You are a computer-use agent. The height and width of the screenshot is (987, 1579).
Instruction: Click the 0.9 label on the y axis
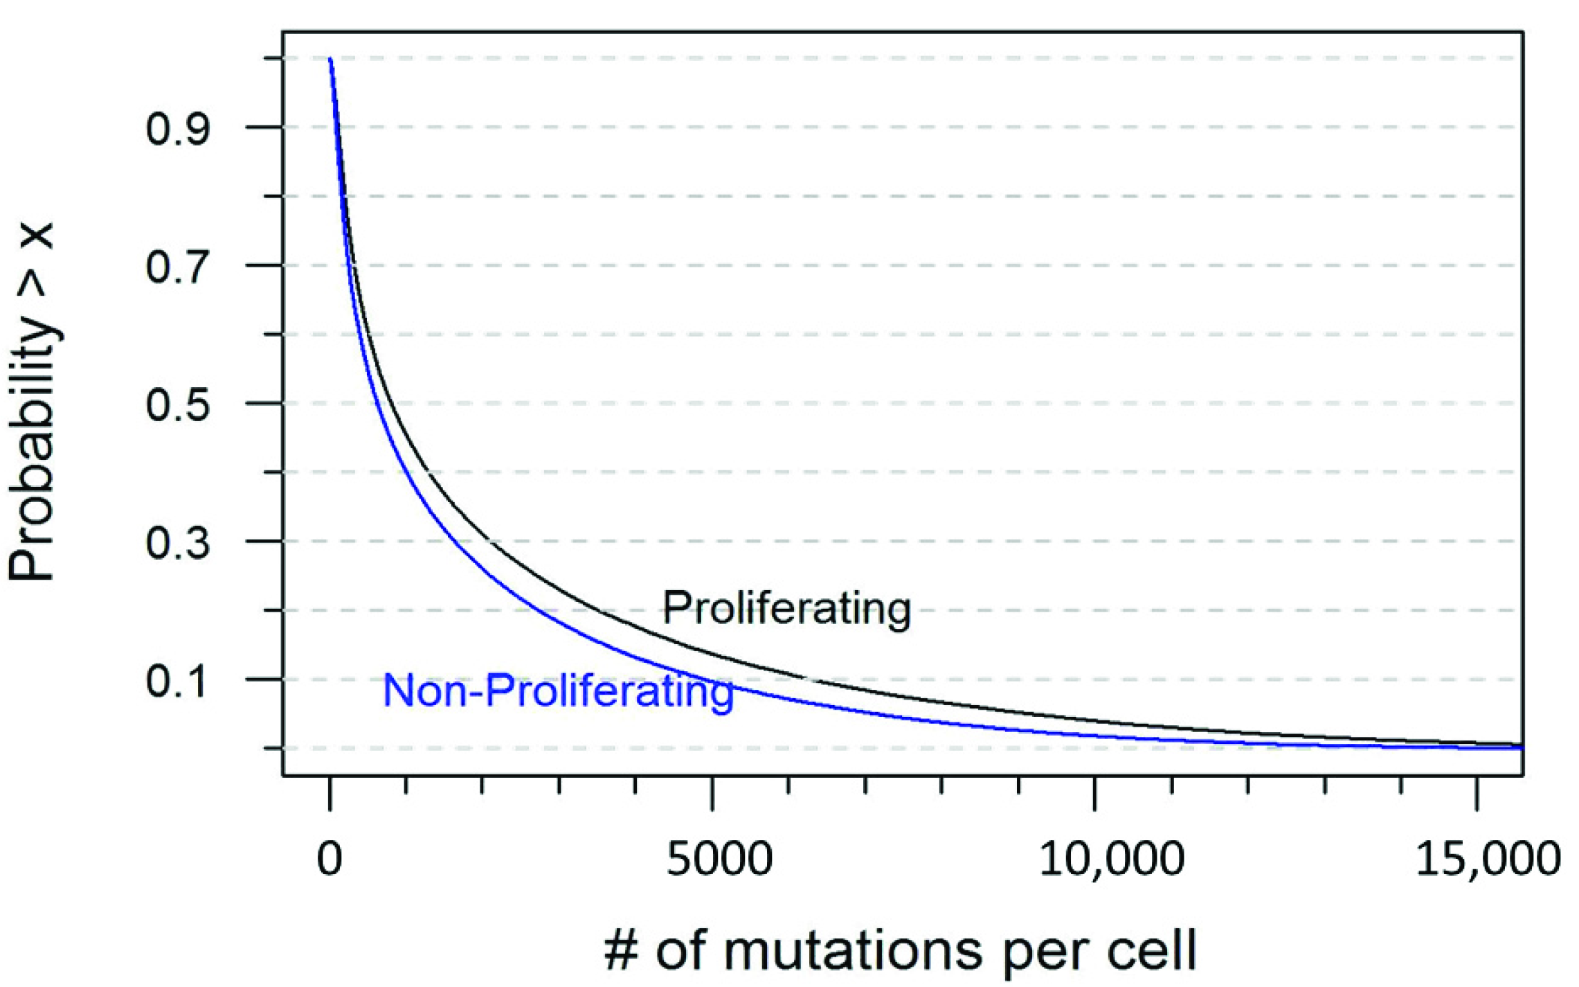click(177, 128)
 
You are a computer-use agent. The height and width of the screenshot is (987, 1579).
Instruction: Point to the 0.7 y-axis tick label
click(177, 267)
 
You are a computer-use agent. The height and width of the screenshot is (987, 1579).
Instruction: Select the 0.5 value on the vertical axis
click(177, 404)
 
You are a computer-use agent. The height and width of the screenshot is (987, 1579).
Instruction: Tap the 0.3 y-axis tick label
click(177, 542)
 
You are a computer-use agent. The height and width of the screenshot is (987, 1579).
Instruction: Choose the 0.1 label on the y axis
click(177, 681)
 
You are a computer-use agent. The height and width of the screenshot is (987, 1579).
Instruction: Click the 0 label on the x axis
click(330, 859)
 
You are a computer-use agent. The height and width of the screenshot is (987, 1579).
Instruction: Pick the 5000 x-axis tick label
click(719, 859)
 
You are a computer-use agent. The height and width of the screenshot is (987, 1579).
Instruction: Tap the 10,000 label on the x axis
click(1112, 859)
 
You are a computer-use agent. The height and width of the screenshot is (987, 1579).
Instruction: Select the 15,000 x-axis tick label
click(1488, 859)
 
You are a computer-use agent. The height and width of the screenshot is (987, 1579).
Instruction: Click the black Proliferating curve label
click(786, 608)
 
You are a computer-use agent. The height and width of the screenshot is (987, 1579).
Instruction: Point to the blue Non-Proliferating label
click(558, 691)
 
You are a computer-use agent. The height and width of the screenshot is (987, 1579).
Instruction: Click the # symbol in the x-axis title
click(621, 951)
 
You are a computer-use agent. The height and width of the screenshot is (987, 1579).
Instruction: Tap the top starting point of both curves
click(330, 60)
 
